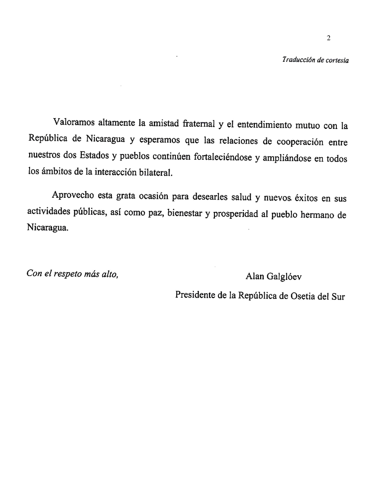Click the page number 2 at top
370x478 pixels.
328,38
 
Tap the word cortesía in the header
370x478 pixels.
337,60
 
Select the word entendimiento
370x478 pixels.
261,123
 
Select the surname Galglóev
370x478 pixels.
285,277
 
